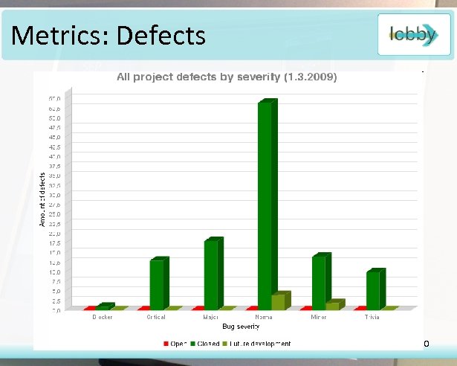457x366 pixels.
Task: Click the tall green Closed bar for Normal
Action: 265,205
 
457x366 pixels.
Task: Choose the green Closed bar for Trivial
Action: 373,289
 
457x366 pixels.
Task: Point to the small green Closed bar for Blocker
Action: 103,306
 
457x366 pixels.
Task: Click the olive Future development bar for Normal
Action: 278,301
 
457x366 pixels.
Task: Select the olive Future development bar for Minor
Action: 332,306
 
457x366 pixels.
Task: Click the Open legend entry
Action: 174,344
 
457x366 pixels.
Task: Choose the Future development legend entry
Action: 256,344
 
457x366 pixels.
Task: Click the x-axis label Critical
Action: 156,317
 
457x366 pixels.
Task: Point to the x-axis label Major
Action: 210,317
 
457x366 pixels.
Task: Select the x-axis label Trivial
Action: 372,317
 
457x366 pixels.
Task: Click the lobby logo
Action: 413,34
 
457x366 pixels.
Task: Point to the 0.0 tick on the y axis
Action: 55,310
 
